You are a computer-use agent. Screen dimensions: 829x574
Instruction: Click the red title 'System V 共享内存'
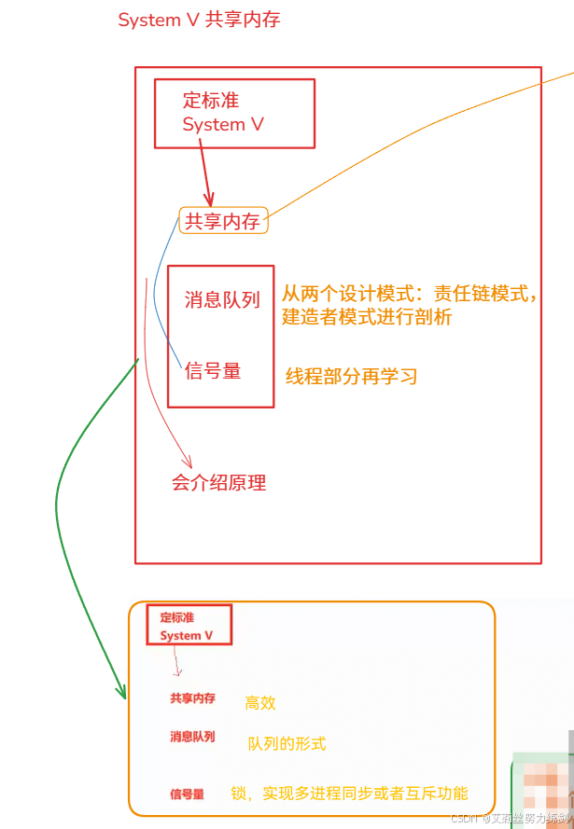(199, 20)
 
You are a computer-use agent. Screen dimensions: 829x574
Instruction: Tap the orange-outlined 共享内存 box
(223, 221)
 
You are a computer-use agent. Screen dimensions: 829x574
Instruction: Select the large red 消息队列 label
(222, 299)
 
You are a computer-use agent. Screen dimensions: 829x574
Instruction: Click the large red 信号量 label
(213, 371)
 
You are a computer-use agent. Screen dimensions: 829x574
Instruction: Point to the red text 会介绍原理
(219, 482)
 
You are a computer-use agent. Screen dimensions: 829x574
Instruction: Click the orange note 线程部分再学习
(351, 376)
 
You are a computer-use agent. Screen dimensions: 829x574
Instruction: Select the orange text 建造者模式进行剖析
(367, 317)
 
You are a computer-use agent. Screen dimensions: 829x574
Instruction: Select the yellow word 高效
(260, 703)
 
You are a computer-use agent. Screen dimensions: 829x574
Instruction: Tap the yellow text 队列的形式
(287, 743)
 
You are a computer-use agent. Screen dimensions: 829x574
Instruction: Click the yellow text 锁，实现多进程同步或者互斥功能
(350, 794)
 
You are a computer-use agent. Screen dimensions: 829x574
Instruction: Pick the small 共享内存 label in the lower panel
(192, 698)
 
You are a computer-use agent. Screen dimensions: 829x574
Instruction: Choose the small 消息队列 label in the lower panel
(192, 737)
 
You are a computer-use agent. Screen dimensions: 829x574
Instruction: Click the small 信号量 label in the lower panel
(187, 794)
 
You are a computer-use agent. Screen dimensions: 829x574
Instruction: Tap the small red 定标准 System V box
(189, 626)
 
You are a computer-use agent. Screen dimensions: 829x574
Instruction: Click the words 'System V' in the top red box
(223, 125)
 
